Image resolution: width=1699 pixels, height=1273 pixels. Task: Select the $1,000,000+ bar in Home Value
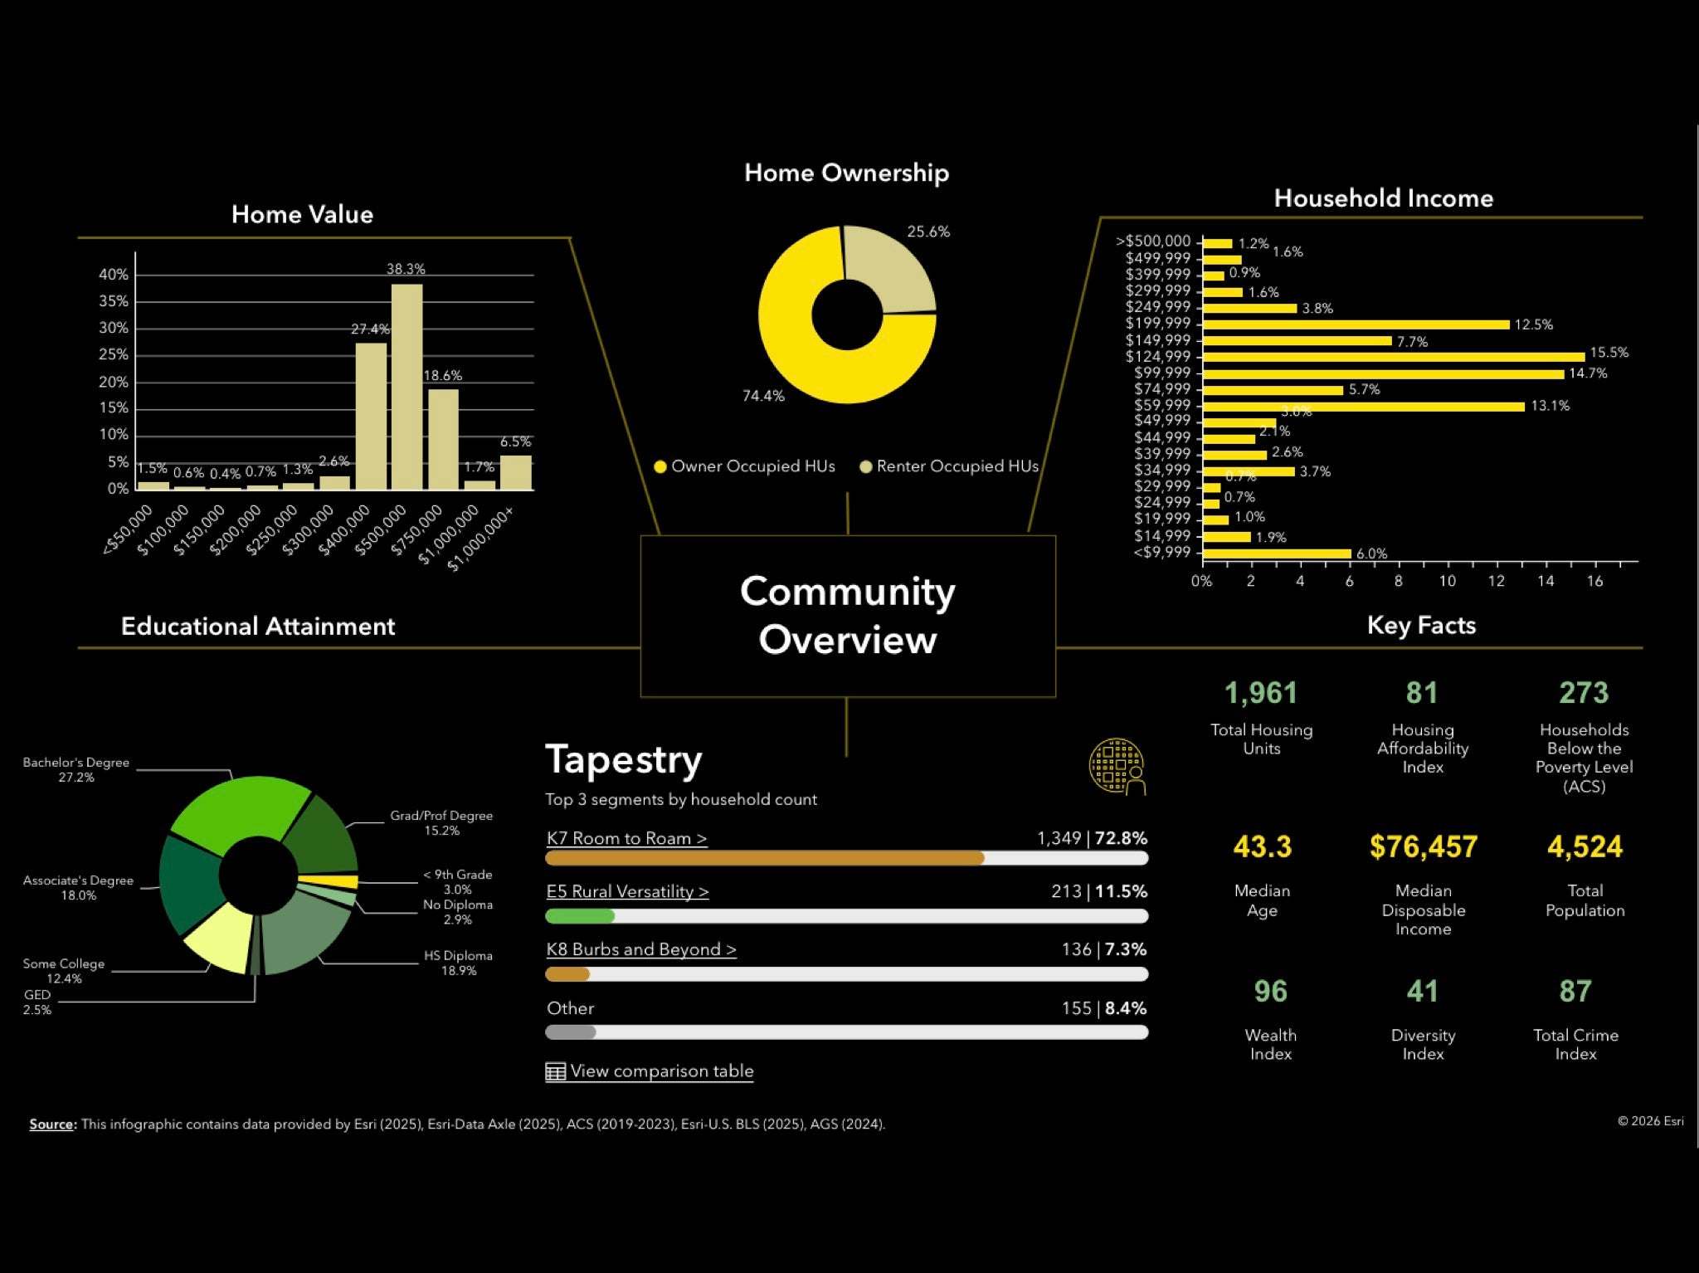coord(515,472)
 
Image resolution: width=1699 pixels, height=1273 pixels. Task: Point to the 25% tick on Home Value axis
coord(114,354)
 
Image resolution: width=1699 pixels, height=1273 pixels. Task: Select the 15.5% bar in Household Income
coord(1394,357)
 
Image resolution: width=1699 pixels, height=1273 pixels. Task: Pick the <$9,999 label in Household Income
coord(1161,553)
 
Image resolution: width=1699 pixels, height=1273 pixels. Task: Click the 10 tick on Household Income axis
coord(1447,581)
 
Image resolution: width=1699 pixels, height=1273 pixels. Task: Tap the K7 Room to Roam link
coord(626,838)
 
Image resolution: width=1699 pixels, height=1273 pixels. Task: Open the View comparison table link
coord(661,1071)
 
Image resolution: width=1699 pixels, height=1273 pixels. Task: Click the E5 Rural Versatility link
coord(627,891)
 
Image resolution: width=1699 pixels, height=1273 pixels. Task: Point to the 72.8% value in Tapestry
coord(1121,838)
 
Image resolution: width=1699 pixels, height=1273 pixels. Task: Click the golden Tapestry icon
coord(1117,766)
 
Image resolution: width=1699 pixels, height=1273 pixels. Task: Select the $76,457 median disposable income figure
coord(1423,846)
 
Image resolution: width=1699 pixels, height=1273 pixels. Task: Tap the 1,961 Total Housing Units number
coord(1260,693)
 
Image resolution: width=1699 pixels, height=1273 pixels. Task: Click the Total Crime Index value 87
coord(1575,991)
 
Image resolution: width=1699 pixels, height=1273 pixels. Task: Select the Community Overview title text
coord(847,615)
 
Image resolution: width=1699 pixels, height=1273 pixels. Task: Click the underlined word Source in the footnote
coord(51,1124)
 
